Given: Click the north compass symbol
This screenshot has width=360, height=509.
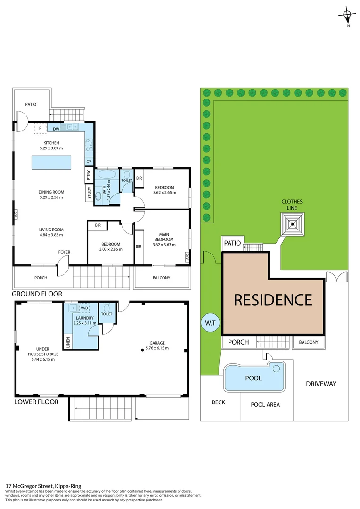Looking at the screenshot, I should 347,15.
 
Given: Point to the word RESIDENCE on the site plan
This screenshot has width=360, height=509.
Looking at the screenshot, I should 273,300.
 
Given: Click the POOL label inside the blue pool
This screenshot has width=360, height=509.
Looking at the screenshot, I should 253,378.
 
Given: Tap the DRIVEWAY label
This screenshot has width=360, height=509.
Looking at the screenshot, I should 320,384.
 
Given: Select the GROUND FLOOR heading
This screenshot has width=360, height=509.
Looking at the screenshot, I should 37,294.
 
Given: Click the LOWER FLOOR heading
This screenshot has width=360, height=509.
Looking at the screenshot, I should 36,402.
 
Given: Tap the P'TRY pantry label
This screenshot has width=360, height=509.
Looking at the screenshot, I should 89,176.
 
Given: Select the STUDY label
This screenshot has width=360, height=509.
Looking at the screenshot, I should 89,194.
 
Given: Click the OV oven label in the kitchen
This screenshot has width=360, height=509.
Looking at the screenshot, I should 89,161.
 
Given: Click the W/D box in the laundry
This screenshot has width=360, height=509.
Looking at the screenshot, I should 85,308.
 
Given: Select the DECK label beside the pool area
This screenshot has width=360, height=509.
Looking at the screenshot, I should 218,402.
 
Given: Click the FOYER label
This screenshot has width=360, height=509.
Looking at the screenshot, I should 64,252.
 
